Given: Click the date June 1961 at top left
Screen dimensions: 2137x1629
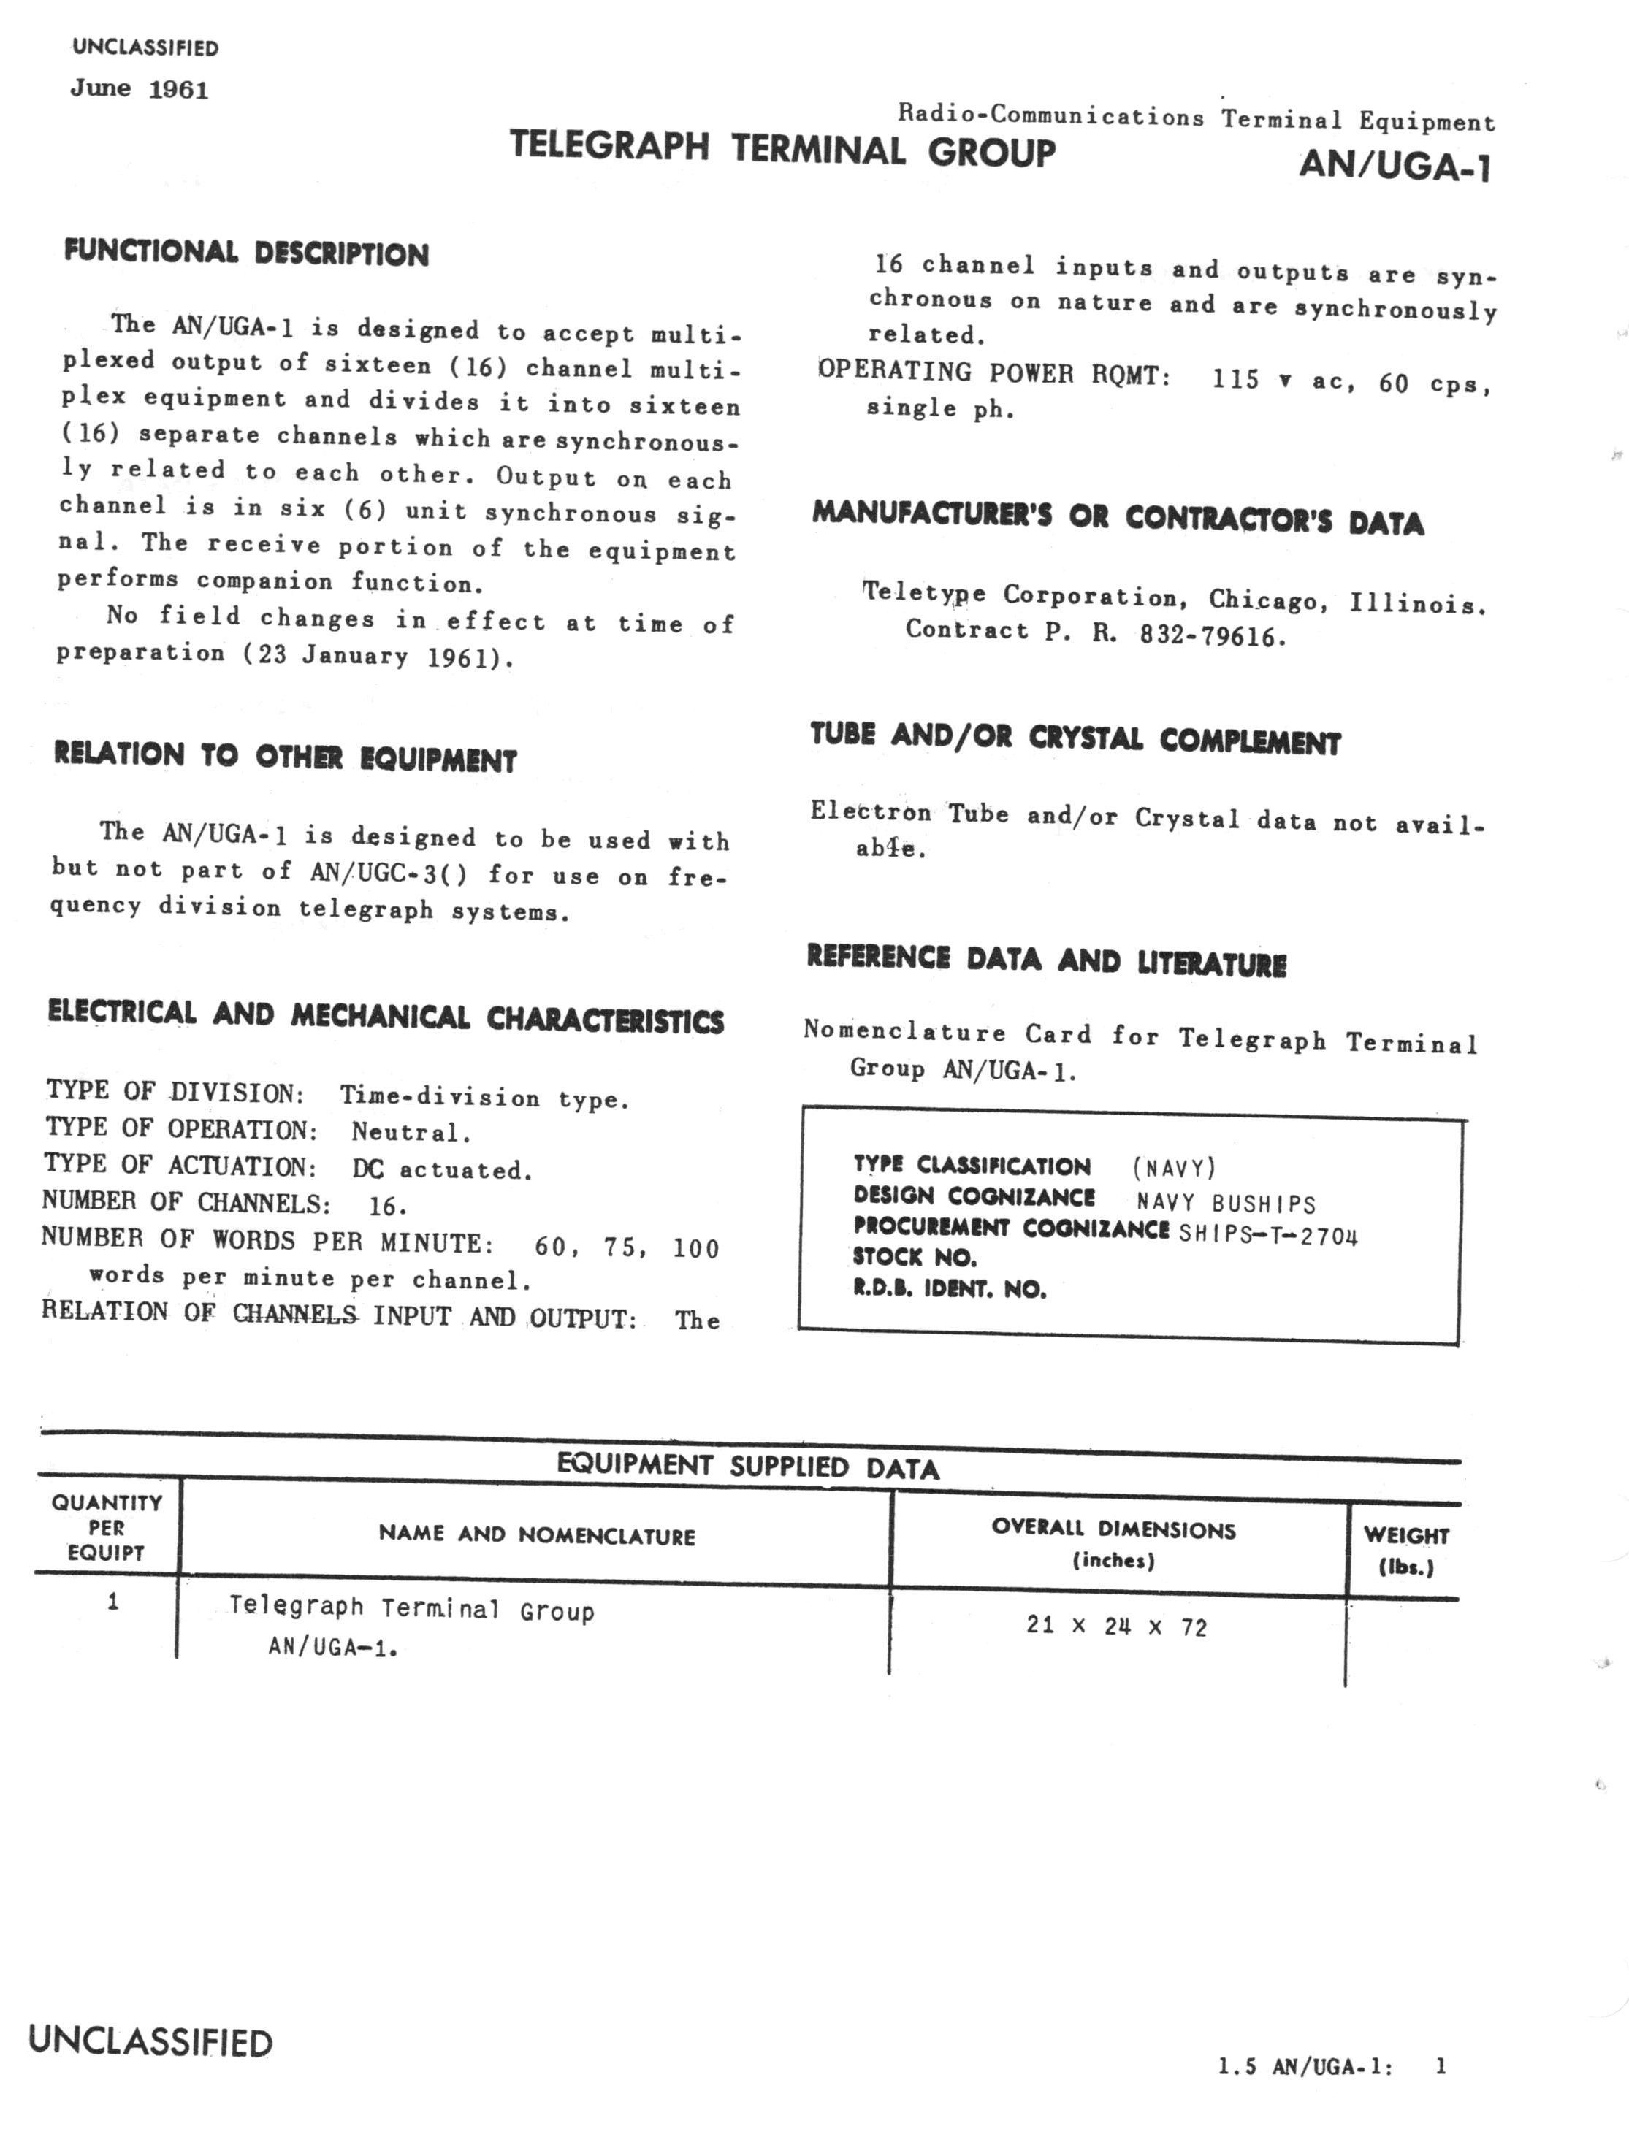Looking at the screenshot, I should coord(139,89).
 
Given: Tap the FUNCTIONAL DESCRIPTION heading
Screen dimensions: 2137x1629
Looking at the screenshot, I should coord(246,253).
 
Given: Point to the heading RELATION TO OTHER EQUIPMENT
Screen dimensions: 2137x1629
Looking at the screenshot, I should coord(285,757).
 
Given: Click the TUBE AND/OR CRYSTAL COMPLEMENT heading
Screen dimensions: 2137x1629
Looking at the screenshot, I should coord(1075,739).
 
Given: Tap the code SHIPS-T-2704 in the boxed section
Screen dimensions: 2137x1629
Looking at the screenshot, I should coord(1267,1235).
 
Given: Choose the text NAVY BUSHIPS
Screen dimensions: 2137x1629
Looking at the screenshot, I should coord(1226,1204).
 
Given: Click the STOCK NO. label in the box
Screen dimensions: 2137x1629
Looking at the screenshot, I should coord(915,1258).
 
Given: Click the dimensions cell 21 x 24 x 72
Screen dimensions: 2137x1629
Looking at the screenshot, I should coord(1116,1626).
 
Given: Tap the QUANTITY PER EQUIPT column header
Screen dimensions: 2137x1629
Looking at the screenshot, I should coord(107,1527).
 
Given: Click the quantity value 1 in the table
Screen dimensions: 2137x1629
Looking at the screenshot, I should coord(113,1602).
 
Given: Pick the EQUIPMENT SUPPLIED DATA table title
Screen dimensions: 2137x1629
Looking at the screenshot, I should coord(747,1466).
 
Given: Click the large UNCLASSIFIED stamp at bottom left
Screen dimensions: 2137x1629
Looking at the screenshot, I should coord(150,2041).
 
